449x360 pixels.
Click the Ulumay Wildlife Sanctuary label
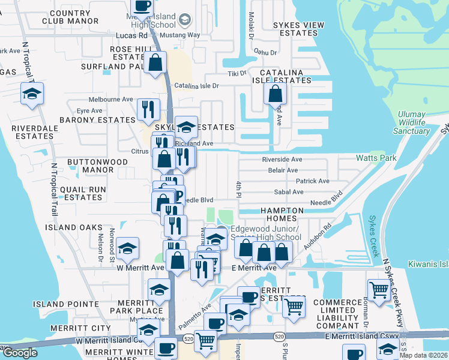(411, 123)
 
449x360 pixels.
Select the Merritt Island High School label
(155, 20)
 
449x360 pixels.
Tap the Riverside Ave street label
(282, 160)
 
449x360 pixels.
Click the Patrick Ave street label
(312, 181)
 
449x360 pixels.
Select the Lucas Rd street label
(131, 35)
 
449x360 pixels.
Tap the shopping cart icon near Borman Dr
(379, 291)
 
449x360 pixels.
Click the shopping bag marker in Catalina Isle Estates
(275, 94)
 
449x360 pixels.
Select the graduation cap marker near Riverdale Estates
(32, 94)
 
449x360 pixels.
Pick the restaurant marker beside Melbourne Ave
(148, 109)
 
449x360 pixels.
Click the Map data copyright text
(423, 355)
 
